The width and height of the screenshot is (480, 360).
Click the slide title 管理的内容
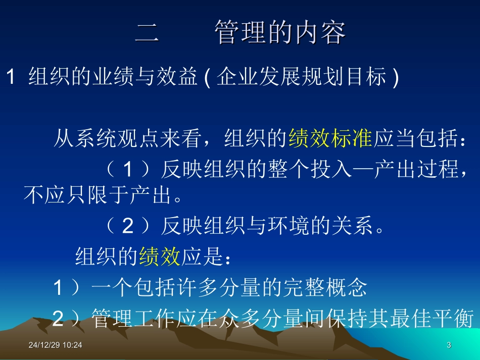[280, 33]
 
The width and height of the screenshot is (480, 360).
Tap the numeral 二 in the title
[147, 33]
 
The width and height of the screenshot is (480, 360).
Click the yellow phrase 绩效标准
[330, 139]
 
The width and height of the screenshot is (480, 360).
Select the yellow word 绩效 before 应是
[159, 256]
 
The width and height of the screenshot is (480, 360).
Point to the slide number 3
[449, 345]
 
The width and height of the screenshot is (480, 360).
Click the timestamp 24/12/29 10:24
[55, 345]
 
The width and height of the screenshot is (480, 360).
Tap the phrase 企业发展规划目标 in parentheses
[302, 78]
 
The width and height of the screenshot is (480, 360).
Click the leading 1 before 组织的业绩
[10, 78]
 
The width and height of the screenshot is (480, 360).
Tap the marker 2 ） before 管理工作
[67, 319]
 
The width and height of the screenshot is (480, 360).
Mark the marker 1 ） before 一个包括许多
[67, 288]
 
